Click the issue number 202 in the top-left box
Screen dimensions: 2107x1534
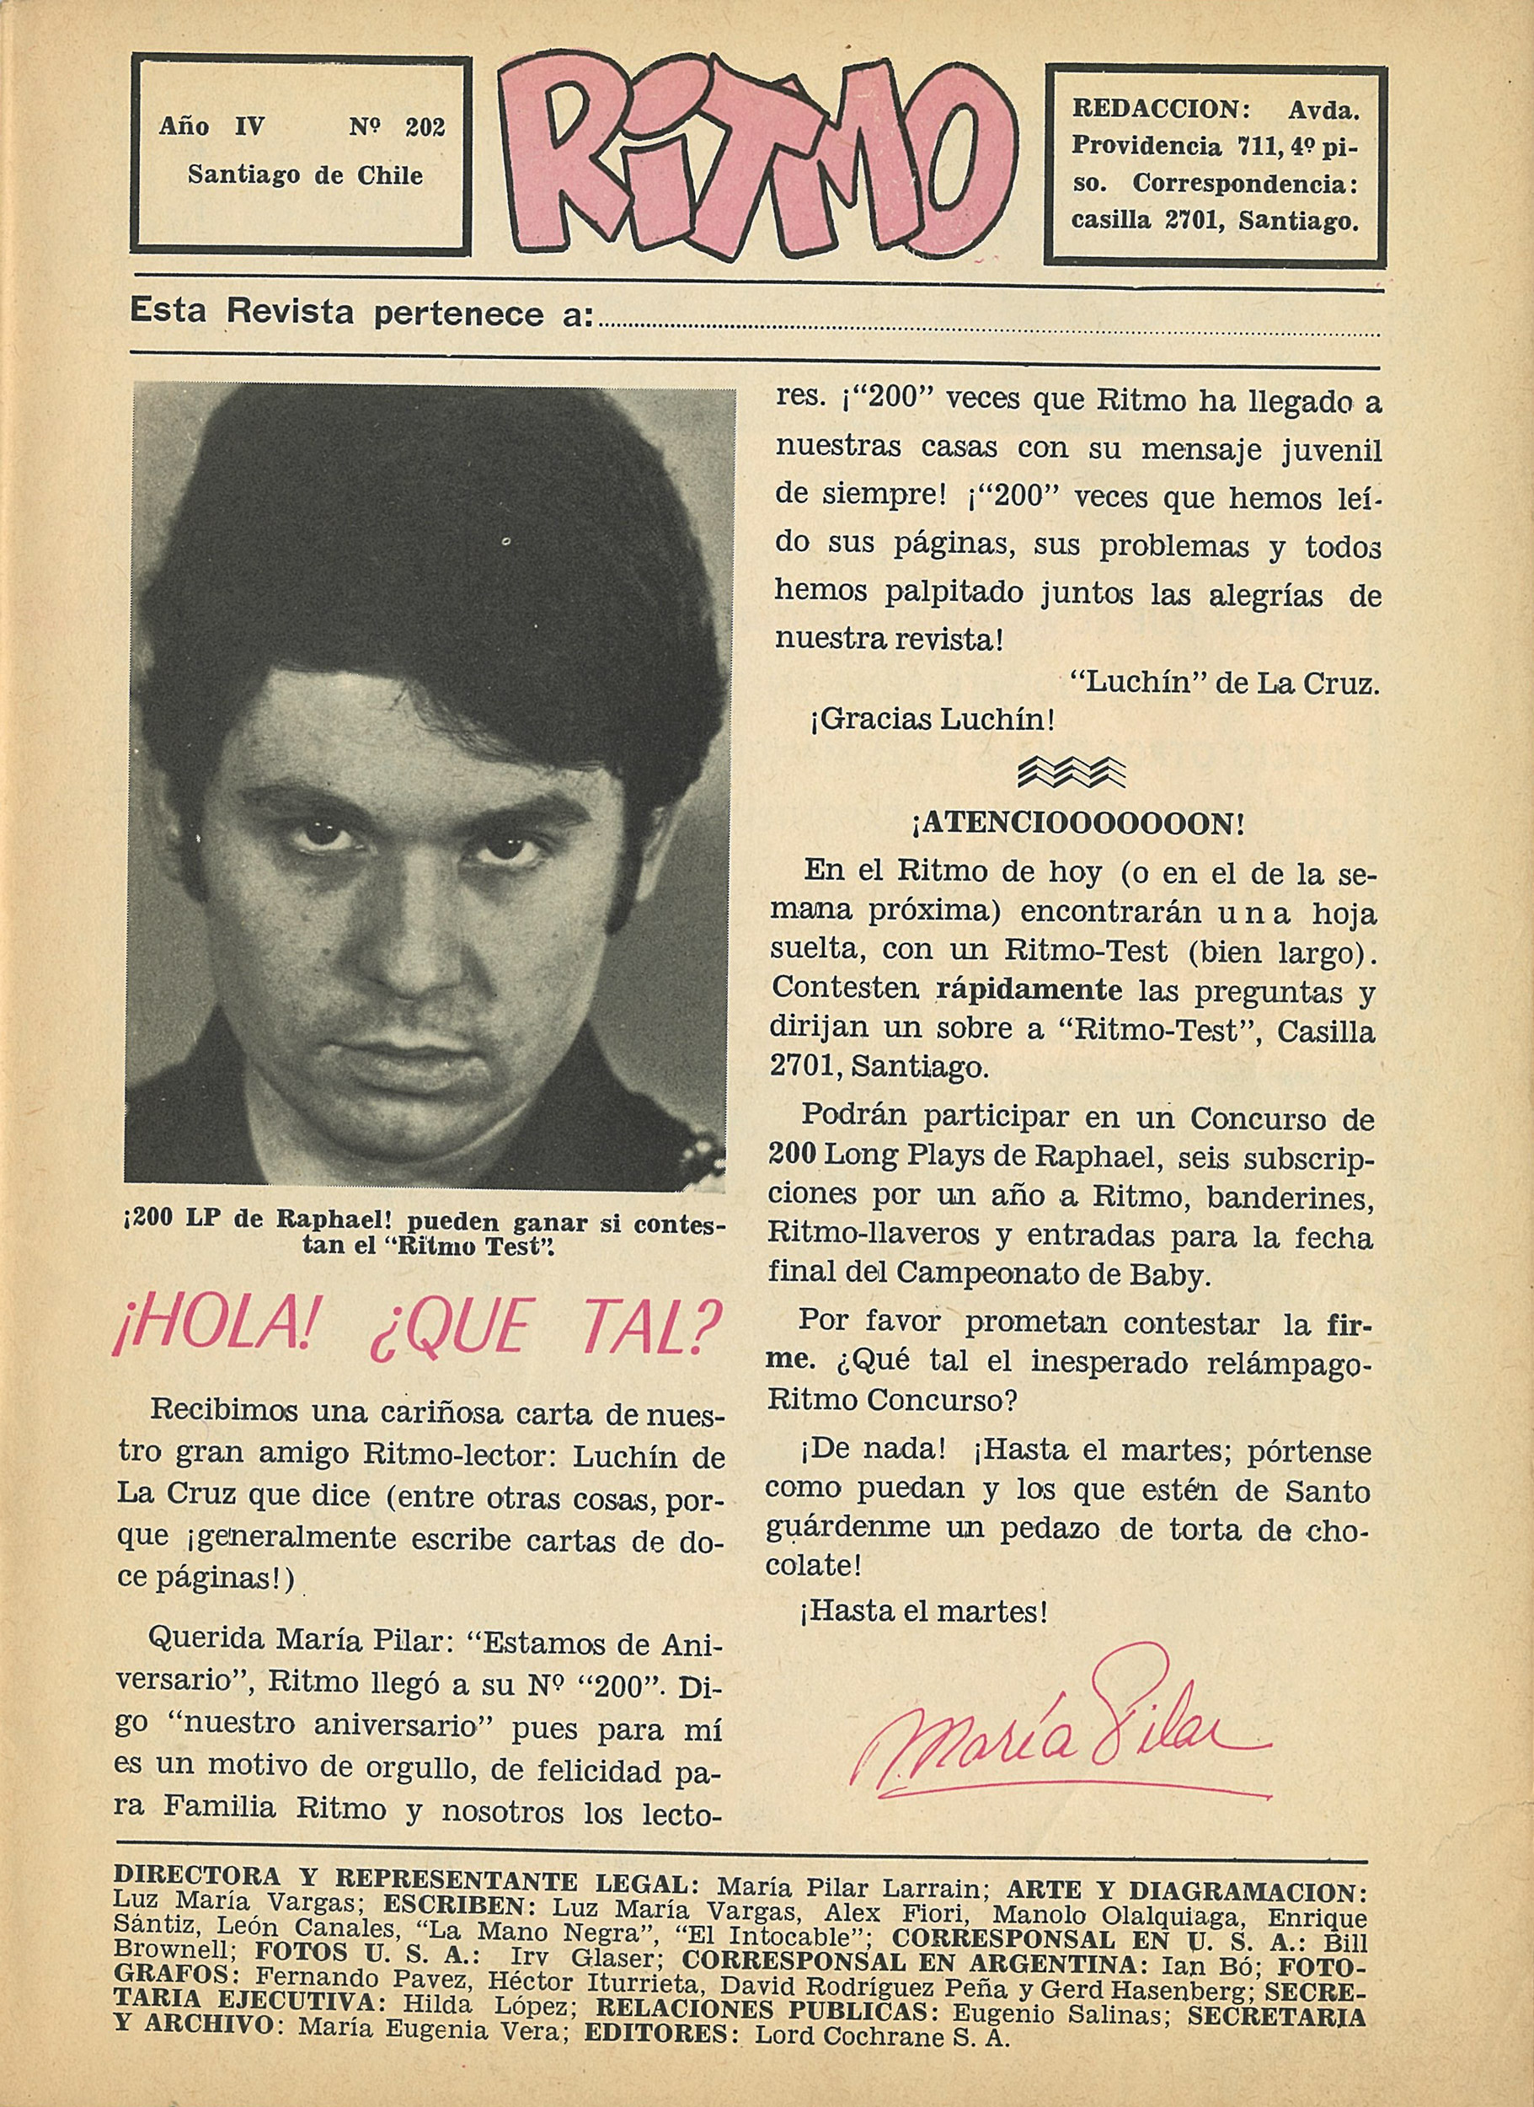425,127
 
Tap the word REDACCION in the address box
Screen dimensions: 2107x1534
1154,110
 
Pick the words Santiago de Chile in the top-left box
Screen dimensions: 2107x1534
305,175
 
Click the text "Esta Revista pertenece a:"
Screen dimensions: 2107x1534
362,313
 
